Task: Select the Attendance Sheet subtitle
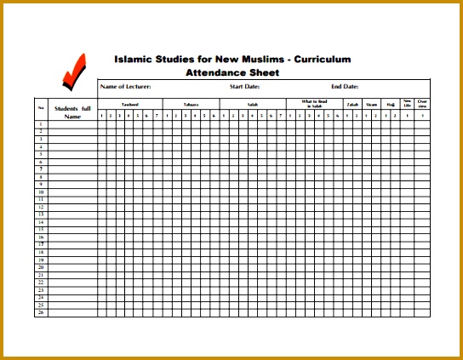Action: tap(232, 72)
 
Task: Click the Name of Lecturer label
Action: tap(126, 87)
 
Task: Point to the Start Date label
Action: tap(244, 87)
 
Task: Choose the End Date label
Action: tap(345, 87)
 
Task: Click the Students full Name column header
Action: tap(72, 112)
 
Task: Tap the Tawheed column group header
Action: tap(129, 104)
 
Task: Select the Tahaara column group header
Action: tap(191, 104)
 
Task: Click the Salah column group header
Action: tap(252, 104)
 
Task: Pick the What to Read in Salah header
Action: tap(314, 104)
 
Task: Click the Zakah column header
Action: tap(352, 104)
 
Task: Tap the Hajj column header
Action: tap(391, 104)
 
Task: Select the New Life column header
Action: tap(407, 103)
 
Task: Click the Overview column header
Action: tap(422, 103)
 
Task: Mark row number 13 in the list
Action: tap(41, 214)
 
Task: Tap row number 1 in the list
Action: tap(41, 124)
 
